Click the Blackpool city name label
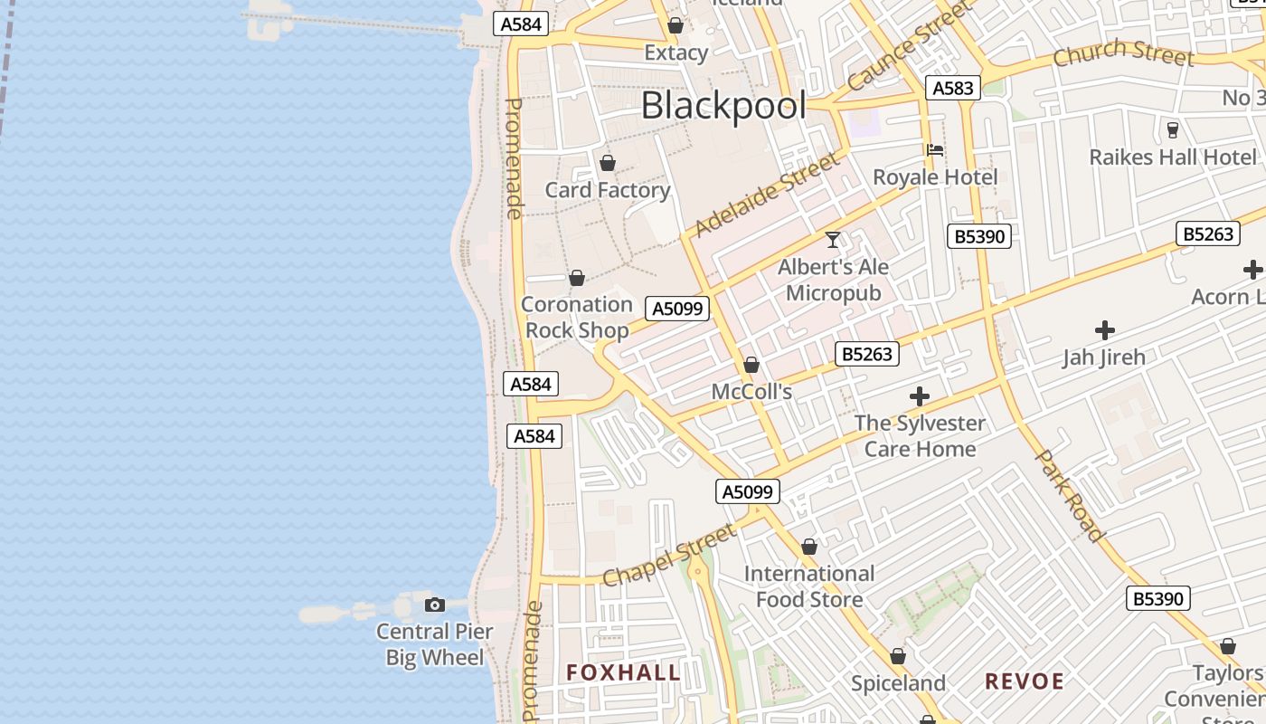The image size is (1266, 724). tap(723, 106)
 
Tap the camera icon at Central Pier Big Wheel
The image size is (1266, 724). tap(435, 605)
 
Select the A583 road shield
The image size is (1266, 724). tap(952, 88)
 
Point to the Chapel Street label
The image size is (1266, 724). tap(668, 556)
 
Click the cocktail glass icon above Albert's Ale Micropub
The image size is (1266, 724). tap(833, 240)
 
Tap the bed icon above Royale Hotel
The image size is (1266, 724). tap(935, 150)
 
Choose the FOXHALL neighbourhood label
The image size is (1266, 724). tap(623, 672)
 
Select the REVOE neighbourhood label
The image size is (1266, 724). tap(1025, 681)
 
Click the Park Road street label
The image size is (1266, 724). tap(1070, 495)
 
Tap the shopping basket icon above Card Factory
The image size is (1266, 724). tap(608, 163)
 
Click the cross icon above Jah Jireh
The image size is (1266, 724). tap(1104, 330)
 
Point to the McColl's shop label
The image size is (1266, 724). tap(751, 392)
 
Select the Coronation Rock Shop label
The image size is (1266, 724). tap(576, 318)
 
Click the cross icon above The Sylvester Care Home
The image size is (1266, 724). tap(920, 396)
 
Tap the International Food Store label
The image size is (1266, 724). tap(809, 586)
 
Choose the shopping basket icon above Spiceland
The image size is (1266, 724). tap(898, 656)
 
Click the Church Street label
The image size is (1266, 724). tap(1123, 53)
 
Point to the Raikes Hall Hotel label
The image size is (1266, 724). tap(1173, 157)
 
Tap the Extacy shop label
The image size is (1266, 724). tap(676, 53)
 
